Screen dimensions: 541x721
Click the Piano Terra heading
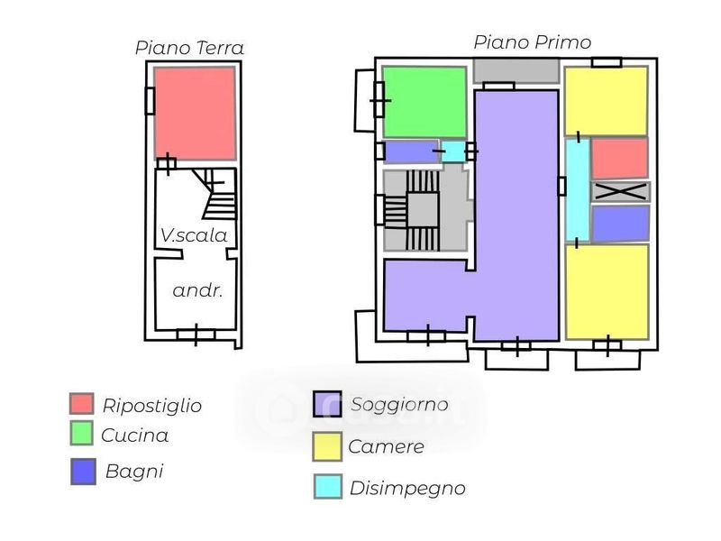tap(189, 48)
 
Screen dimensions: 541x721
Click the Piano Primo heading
tap(532, 42)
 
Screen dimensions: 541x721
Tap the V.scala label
tap(193, 235)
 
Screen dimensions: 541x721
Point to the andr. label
tap(197, 291)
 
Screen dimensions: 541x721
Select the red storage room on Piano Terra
tap(195, 113)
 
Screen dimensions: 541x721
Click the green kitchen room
tap(424, 102)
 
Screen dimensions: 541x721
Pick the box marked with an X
tap(620, 191)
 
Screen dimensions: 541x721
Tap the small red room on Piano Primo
tap(619, 158)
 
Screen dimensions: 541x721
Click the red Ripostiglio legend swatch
tap(82, 404)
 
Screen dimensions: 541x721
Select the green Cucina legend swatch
tap(82, 434)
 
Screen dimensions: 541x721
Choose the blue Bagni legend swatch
tap(83, 472)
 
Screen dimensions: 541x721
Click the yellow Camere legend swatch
tap(326, 445)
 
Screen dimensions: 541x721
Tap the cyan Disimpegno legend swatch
tap(327, 487)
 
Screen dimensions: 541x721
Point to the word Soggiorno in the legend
tap(399, 405)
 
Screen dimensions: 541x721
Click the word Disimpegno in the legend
tap(407, 489)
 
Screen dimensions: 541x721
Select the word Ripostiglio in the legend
tap(151, 406)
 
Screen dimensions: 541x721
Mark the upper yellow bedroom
tap(606, 101)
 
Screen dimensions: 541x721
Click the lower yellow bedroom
tap(607, 291)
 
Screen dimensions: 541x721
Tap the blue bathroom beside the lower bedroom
tap(620, 224)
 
